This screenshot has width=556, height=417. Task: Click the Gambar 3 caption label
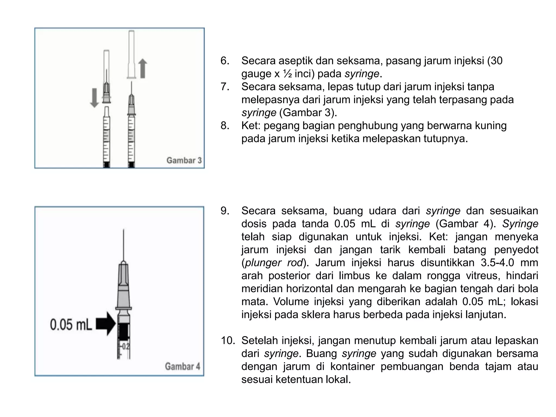tap(184, 160)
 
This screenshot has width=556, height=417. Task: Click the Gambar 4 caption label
tap(182, 367)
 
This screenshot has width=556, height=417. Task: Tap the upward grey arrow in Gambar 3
tap(143, 69)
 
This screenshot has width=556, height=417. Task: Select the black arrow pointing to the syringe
tap(106, 324)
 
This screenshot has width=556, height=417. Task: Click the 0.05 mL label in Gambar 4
tap(71, 325)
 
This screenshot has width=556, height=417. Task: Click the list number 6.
tap(225, 61)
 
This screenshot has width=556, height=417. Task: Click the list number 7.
tap(225, 87)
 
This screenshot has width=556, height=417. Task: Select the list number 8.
tap(225, 126)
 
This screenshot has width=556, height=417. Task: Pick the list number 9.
tap(225, 211)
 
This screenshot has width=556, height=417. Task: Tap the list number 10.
tap(228, 340)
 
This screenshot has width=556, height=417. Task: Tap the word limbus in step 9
tap(354, 276)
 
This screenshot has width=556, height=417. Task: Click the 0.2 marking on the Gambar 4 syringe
tap(126, 347)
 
